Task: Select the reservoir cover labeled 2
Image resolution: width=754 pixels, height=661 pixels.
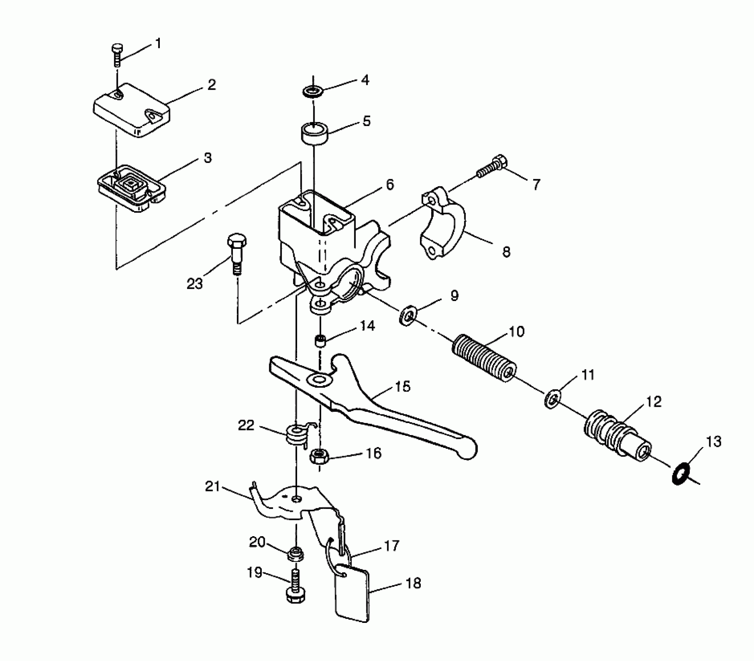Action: pyautogui.click(x=131, y=111)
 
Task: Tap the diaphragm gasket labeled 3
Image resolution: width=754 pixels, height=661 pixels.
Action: pyautogui.click(x=131, y=187)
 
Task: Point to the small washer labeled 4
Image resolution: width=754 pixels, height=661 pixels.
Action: pyautogui.click(x=313, y=92)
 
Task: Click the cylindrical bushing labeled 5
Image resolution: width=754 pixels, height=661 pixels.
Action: pyautogui.click(x=313, y=133)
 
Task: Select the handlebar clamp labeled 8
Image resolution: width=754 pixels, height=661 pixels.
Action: pyautogui.click(x=443, y=226)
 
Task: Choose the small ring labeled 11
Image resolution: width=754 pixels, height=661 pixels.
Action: pyautogui.click(x=553, y=398)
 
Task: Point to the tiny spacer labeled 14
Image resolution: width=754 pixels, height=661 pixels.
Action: pyautogui.click(x=320, y=341)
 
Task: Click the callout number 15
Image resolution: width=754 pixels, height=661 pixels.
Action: pyautogui.click(x=402, y=387)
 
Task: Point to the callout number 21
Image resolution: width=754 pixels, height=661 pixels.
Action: pyautogui.click(x=213, y=486)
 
